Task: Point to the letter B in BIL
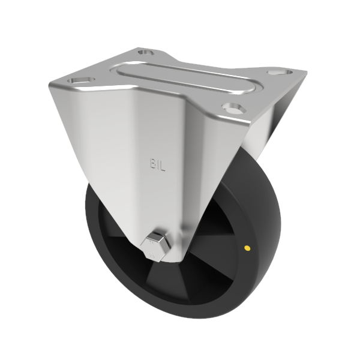(152, 163)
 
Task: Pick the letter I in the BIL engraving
(158, 163)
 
